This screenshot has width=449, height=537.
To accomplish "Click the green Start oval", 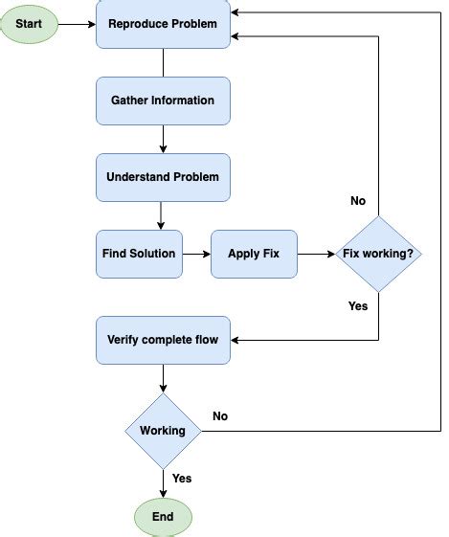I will pyautogui.click(x=29, y=23).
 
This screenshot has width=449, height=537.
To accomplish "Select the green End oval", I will pyautogui.click(x=163, y=517).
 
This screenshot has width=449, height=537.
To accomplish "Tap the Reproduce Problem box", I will pyautogui.click(x=163, y=23).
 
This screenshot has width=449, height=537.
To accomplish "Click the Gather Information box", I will pyautogui.click(x=163, y=101).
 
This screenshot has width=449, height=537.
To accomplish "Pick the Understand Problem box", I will pyautogui.click(x=163, y=177).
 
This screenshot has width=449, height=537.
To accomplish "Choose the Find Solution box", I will pyautogui.click(x=139, y=254).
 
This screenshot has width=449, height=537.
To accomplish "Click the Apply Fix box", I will pyautogui.click(x=254, y=254).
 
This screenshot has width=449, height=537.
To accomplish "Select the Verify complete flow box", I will pyautogui.click(x=163, y=339).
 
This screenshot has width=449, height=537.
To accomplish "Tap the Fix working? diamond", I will pyautogui.click(x=378, y=254).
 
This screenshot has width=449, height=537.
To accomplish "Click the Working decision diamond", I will pyautogui.click(x=163, y=431).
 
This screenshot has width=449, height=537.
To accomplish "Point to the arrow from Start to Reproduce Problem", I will pyautogui.click(x=77, y=23).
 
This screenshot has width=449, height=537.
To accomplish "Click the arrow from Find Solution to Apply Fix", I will pyautogui.click(x=196, y=254).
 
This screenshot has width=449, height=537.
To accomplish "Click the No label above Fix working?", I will pyautogui.click(x=358, y=201).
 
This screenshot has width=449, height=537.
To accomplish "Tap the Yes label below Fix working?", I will pyautogui.click(x=358, y=306).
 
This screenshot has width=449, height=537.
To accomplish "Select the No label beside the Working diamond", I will pyautogui.click(x=220, y=416).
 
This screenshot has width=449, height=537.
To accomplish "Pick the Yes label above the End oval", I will pyautogui.click(x=181, y=478).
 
